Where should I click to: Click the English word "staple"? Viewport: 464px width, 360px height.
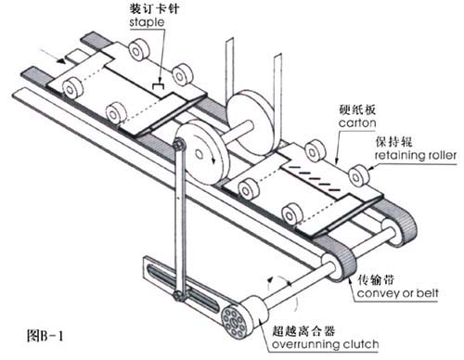click(x=147, y=22)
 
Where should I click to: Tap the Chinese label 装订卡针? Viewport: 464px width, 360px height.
click(x=154, y=8)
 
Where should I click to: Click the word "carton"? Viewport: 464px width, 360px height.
click(x=357, y=123)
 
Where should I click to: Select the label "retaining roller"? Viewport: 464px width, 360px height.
click(x=416, y=155)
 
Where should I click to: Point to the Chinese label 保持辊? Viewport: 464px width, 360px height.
click(x=393, y=142)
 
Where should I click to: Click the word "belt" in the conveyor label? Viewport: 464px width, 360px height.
click(x=427, y=292)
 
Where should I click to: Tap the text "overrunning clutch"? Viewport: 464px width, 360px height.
click(x=325, y=344)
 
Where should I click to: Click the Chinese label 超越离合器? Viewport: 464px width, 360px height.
click(x=303, y=331)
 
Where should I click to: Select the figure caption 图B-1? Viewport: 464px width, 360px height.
click(x=45, y=335)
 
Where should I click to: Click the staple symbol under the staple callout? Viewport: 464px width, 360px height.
click(x=159, y=85)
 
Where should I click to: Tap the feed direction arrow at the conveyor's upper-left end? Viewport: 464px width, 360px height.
click(x=53, y=56)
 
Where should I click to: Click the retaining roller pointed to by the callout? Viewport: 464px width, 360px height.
click(x=359, y=175)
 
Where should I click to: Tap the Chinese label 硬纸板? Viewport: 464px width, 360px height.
click(x=357, y=109)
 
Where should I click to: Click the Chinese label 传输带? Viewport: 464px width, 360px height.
click(x=376, y=279)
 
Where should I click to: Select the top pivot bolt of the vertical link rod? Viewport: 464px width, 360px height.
click(x=179, y=145)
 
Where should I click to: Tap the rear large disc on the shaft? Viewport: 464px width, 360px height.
click(x=251, y=123)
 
